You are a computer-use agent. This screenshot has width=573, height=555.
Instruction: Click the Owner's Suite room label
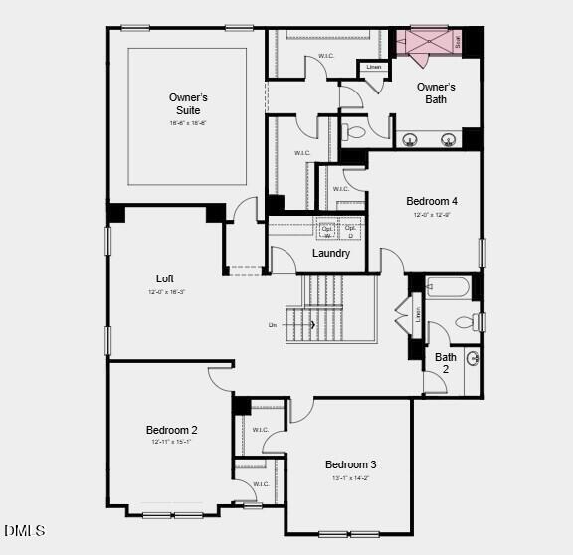click(187, 103)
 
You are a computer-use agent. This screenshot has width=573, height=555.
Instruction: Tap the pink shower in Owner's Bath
click(423, 42)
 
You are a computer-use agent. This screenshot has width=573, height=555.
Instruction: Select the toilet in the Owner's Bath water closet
click(355, 130)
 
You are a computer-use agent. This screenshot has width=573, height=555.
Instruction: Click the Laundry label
click(331, 253)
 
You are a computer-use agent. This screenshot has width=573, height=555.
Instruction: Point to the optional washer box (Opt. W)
click(327, 231)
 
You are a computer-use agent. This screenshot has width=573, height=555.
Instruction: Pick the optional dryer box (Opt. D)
click(350, 231)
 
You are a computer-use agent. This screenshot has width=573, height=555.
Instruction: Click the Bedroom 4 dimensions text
click(432, 214)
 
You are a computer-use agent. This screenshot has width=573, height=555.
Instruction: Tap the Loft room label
click(165, 278)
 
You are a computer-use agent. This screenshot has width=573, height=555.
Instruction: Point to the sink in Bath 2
click(474, 359)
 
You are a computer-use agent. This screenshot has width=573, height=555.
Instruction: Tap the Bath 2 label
click(446, 363)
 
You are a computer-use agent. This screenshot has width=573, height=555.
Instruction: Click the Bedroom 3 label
click(350, 464)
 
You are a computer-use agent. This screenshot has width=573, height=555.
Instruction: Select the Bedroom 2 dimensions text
click(171, 442)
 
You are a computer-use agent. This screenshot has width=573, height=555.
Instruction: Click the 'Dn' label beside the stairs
click(272, 325)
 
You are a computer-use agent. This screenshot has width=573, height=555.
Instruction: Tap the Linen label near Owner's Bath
click(374, 67)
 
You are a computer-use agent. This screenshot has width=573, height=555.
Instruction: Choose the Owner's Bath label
click(436, 93)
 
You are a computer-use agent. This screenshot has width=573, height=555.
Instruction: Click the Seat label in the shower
click(458, 42)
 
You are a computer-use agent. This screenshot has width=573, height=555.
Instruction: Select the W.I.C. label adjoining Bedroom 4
click(341, 188)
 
